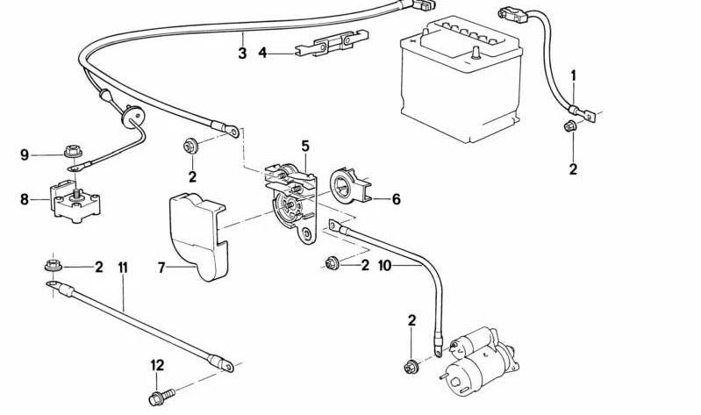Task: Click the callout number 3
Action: [x=242, y=54]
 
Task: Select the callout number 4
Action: [x=262, y=53]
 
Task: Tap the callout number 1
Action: [x=574, y=75]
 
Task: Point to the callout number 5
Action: [x=305, y=145]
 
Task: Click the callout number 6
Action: [x=396, y=199]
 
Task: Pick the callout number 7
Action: [x=161, y=267]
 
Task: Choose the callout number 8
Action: [x=25, y=199]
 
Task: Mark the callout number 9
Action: [x=25, y=155]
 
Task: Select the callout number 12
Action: [x=157, y=364]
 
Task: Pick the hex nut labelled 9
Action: [x=73, y=154]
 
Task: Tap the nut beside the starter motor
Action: [x=411, y=364]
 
